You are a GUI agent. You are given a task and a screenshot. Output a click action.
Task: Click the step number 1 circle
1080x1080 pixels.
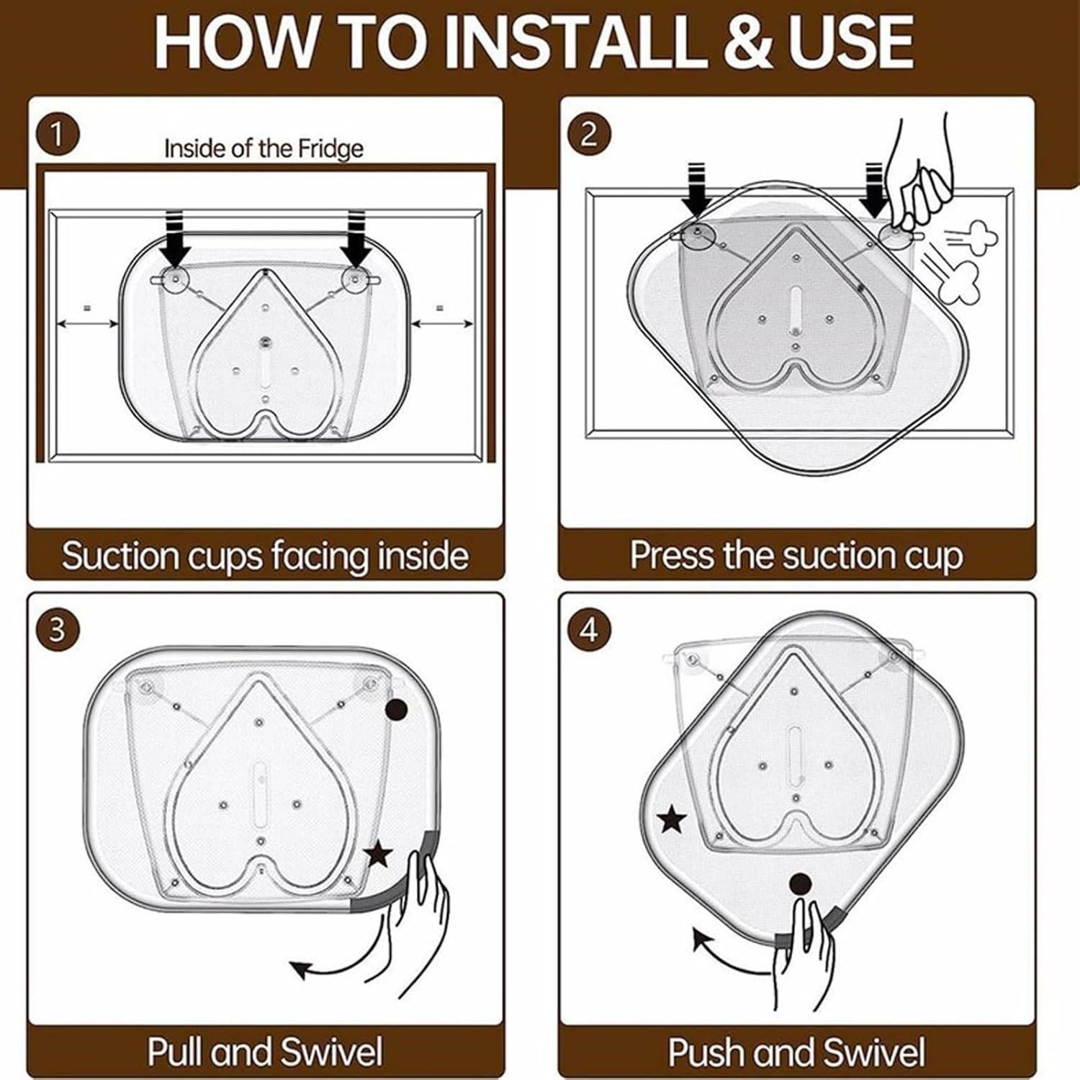point(57,134)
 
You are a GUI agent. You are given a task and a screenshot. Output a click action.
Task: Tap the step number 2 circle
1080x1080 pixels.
point(588,134)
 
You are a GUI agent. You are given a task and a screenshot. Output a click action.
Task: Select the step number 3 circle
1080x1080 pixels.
point(57,630)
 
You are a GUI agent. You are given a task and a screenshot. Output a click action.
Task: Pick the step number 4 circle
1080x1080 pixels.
point(588,630)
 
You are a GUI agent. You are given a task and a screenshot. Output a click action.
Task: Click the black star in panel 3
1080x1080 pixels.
point(378,855)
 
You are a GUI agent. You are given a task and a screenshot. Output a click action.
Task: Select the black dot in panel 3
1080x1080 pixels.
point(396,710)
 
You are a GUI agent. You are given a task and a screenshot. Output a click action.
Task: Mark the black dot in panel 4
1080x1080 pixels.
point(800,883)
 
